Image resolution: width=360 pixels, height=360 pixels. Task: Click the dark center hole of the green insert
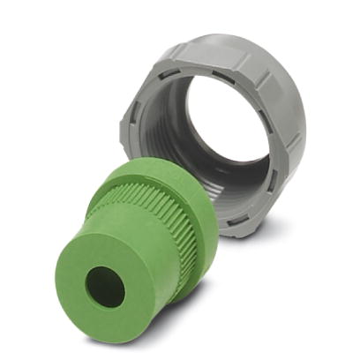105,287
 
